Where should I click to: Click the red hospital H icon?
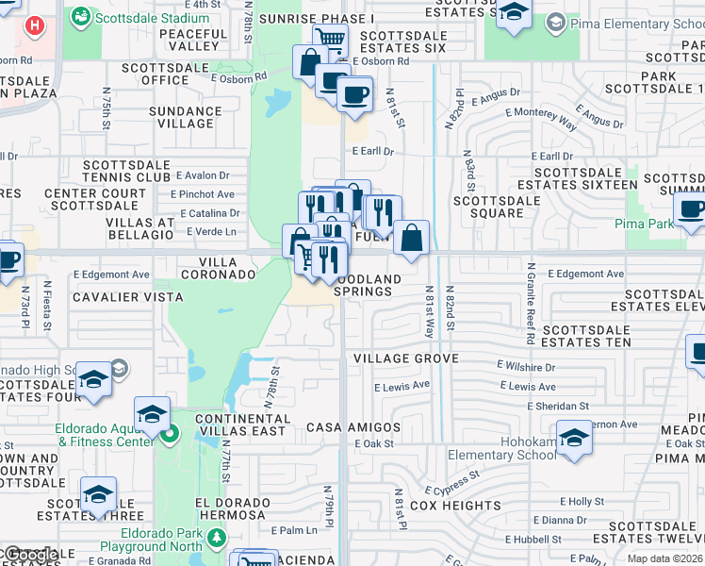[x=35, y=25]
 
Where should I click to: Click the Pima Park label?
[x=644, y=225]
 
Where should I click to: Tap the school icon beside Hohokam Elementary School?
[x=573, y=438]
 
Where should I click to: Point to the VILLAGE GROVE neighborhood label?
[x=405, y=358]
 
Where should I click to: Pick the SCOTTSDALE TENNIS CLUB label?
[x=127, y=170]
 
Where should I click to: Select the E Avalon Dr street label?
[x=200, y=175]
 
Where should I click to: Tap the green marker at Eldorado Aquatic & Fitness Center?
[x=169, y=435]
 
